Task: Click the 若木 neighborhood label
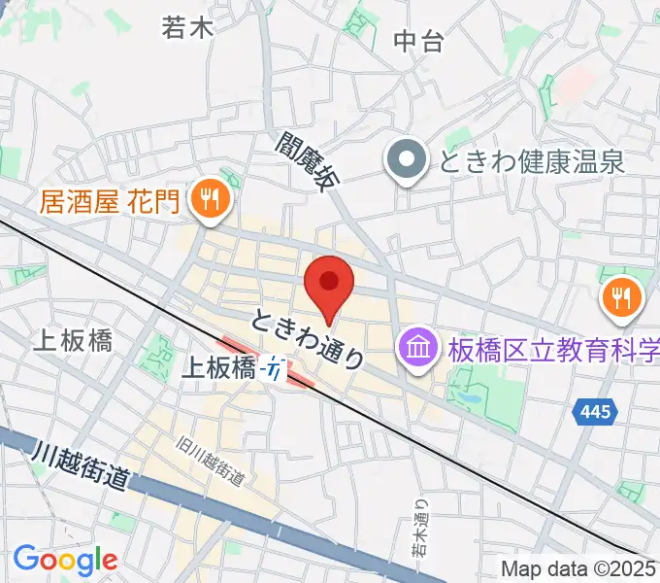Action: [187, 27]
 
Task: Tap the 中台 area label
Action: [418, 41]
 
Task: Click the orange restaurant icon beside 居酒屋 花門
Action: [209, 200]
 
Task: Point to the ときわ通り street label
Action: [309, 339]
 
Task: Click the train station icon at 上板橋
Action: [277, 369]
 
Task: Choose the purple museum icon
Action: [418, 347]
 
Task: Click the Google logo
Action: [65, 560]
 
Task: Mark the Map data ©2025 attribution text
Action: [578, 568]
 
